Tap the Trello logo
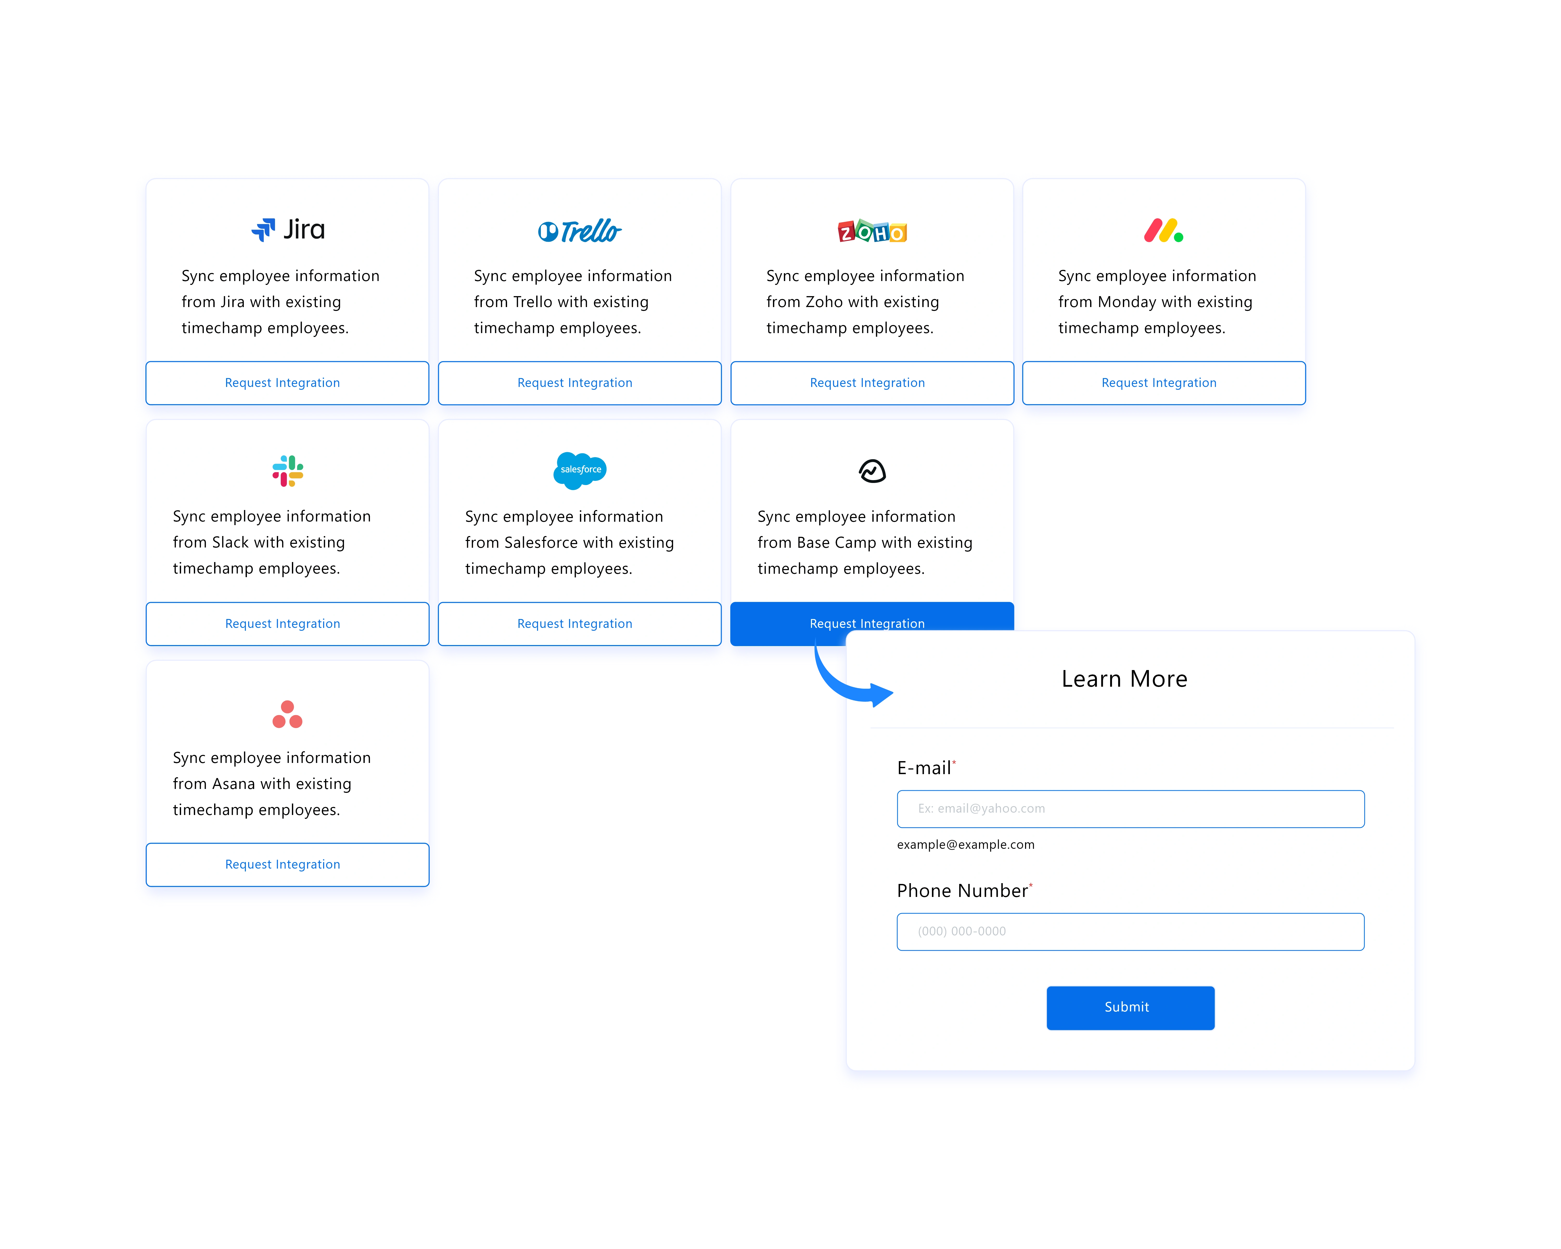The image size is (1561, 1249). click(x=579, y=231)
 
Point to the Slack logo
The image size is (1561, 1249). click(x=287, y=471)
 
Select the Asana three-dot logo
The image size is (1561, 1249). click(x=287, y=714)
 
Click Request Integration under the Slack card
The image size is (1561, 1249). click(x=287, y=623)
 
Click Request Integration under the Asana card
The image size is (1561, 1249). click(x=287, y=864)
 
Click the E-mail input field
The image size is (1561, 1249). click(x=1130, y=809)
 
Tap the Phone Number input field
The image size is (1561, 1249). click(x=1130, y=932)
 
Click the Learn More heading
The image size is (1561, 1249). click(x=1124, y=678)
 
